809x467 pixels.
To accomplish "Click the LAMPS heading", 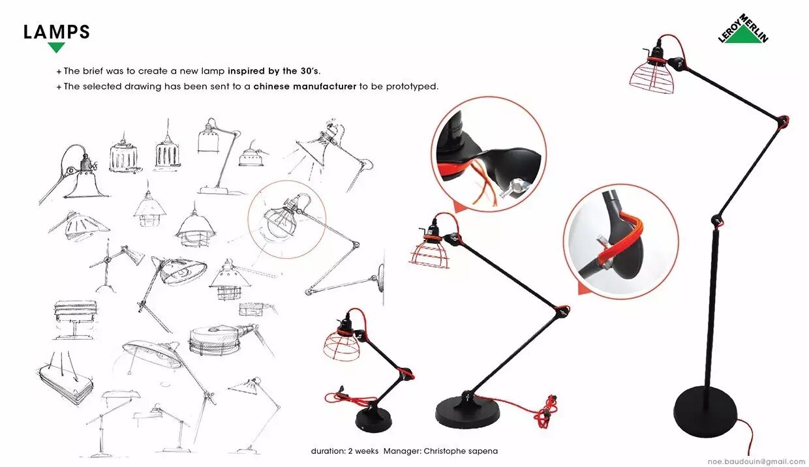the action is click(57, 32).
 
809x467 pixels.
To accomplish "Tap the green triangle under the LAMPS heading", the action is click(56, 46).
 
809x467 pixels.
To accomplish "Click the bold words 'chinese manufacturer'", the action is click(305, 87).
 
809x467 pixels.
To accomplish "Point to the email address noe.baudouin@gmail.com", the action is click(756, 462).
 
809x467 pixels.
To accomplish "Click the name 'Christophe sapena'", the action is click(461, 451).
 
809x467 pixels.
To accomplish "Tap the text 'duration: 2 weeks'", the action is click(344, 451).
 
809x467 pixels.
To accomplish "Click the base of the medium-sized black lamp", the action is click(468, 413).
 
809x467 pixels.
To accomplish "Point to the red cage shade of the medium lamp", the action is click(429, 254).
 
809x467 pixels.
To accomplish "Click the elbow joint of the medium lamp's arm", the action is click(562, 310).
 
